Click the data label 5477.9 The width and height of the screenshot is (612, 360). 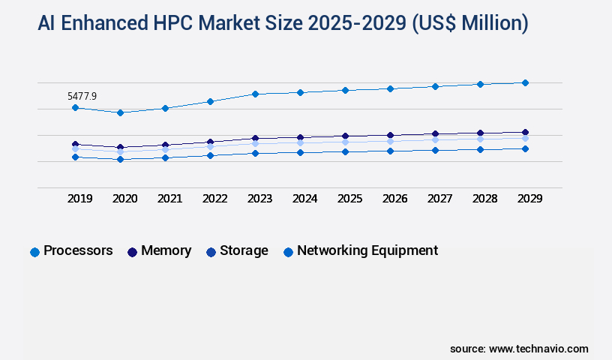[82, 96]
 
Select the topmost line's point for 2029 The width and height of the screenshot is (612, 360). [525, 82]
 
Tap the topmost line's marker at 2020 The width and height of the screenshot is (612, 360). [120, 112]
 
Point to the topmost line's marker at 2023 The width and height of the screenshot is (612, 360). [255, 94]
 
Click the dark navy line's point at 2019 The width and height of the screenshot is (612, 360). [75, 144]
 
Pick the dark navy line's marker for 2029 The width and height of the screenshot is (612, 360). [525, 132]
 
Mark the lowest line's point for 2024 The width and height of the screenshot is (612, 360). [300, 152]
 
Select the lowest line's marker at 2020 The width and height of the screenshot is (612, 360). [120, 159]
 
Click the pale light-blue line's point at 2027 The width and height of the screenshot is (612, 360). [435, 139]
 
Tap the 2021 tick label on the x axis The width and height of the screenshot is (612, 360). [169, 199]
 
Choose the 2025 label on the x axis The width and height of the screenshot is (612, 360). [349, 199]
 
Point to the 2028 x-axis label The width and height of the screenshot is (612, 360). [484, 199]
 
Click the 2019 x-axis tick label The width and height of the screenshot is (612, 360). [79, 199]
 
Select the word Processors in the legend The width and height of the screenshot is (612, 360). [78, 250]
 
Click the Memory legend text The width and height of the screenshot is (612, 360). [166, 250]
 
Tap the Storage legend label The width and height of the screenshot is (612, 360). [244, 250]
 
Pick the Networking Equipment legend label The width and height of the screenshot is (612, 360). [367, 250]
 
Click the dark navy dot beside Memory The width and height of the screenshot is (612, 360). [132, 252]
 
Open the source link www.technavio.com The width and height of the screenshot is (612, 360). [538, 349]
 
